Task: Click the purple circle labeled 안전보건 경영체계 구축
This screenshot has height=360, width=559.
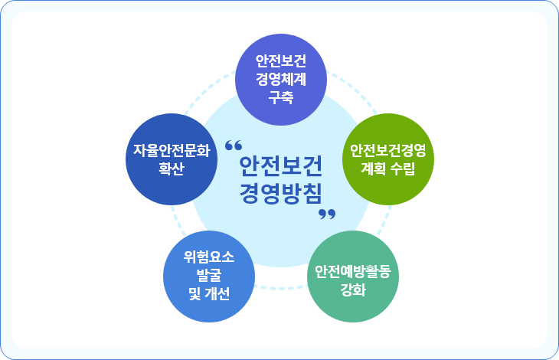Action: point(281,77)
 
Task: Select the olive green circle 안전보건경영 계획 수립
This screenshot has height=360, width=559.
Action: point(387,157)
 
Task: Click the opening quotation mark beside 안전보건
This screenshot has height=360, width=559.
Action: point(234,145)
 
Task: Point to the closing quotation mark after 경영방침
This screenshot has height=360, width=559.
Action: point(327,214)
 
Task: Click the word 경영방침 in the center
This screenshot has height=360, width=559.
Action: point(280,191)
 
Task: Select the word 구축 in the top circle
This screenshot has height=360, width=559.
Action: point(281,97)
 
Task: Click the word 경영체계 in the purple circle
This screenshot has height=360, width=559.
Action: point(281,78)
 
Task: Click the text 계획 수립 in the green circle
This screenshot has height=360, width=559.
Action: point(387,167)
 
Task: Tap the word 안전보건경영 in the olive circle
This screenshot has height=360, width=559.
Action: point(387,148)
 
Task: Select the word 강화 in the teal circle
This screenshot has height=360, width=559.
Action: point(353,291)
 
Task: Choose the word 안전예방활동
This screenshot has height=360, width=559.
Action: point(353,272)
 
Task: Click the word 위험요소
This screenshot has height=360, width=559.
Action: point(209,257)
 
